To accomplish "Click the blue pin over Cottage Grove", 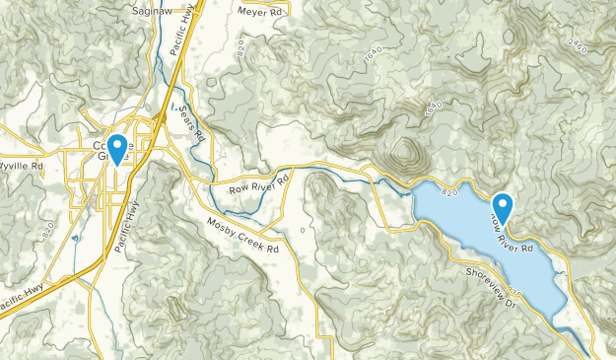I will pyautogui.click(x=117, y=149).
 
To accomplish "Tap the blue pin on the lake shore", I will pyautogui.click(x=503, y=207).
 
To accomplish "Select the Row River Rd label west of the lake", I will pyautogui.click(x=258, y=181).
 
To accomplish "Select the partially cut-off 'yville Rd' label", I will pyautogui.click(x=22, y=166).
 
